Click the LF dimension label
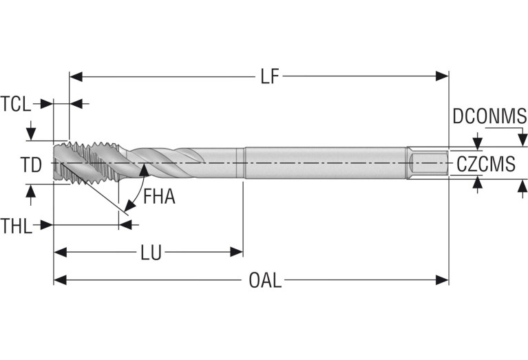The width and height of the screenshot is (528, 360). tap(269, 76)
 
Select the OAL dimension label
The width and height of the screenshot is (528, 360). tap(265, 280)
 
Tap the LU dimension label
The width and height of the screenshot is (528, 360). tap(151, 253)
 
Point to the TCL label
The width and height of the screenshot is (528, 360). tap(15, 104)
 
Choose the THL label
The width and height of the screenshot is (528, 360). tap(16, 225)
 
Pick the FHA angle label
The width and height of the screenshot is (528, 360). tap(160, 198)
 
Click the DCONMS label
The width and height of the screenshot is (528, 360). tap(489, 116)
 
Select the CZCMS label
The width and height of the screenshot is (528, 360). tap(485, 164)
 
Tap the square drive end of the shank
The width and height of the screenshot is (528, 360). tap(427, 164)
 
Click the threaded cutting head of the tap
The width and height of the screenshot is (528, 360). tap(86, 164)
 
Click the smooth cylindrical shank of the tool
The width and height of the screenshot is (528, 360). tap(324, 164)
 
